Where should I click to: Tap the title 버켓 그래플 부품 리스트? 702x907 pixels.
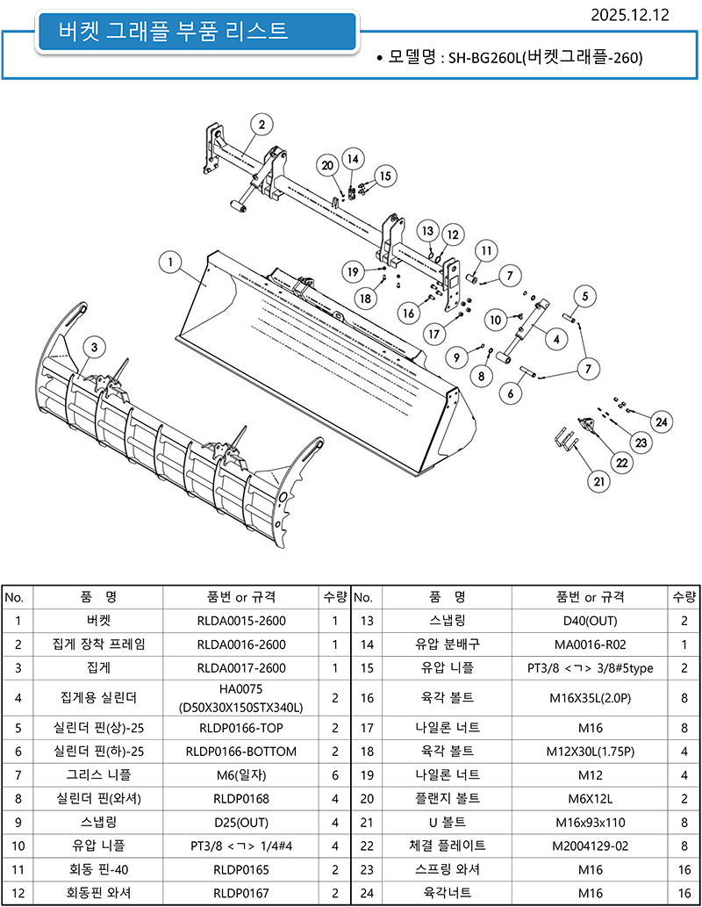(173, 32)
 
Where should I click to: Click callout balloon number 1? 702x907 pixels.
(171, 262)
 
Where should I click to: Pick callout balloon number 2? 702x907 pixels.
(261, 125)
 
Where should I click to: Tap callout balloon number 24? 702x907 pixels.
(662, 422)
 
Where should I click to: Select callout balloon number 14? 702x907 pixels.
(352, 159)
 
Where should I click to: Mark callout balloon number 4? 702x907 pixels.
(556, 337)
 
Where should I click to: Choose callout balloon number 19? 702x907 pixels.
(353, 272)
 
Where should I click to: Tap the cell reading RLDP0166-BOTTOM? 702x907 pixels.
(241, 752)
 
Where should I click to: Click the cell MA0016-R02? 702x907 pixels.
(591, 644)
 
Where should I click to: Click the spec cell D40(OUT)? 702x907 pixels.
(591, 621)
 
